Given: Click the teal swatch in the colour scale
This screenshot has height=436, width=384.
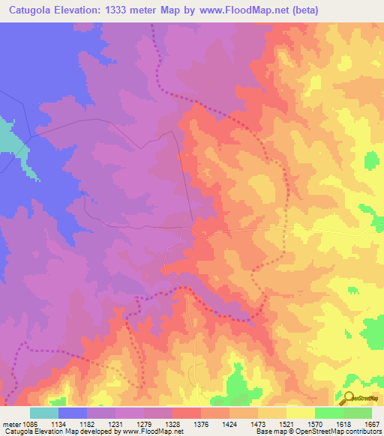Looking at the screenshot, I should coord(44,413).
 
